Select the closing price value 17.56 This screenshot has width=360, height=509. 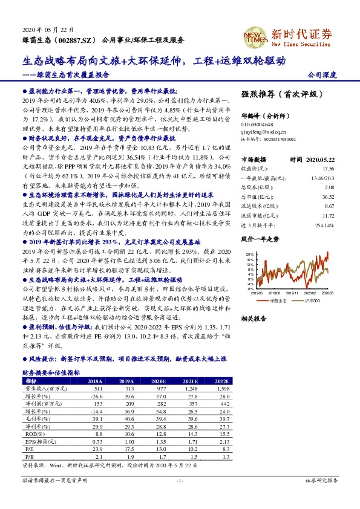pyautogui.click(x=329, y=169)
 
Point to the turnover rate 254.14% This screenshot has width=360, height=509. pyautogui.click(x=325, y=224)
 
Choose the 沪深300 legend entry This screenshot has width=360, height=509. pyautogui.click(x=310, y=299)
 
